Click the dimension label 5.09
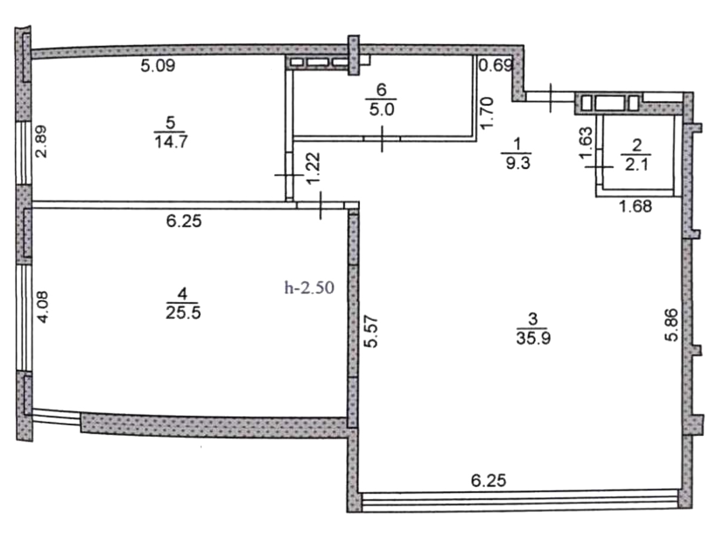coord(158,66)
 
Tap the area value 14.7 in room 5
coord(171,142)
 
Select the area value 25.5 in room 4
coord(183,313)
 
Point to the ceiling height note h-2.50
coord(310,288)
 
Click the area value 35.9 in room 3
coord(534,338)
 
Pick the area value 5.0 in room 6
coord(382,109)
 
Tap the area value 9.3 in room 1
coord(518,163)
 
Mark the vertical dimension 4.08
coord(43,307)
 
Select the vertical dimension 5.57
coord(371,332)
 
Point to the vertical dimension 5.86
coord(672,325)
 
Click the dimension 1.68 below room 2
coord(636,206)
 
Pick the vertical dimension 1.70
coord(486,114)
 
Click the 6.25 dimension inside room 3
coord(489,481)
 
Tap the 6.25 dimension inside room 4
coord(184,221)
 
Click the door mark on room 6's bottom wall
coord(382,139)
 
